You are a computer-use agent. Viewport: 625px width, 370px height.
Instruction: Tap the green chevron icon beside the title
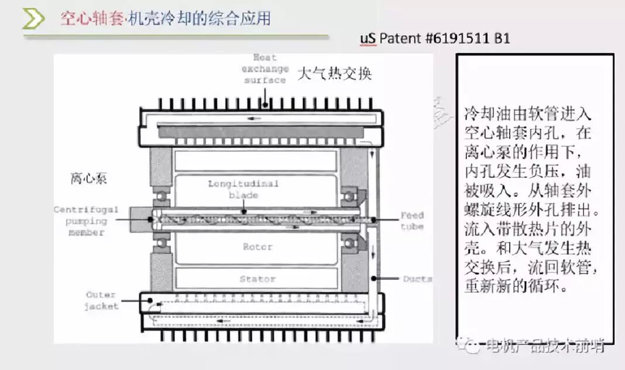[x=33, y=19]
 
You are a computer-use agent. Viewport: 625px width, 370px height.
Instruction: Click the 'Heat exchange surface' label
[x=265, y=68]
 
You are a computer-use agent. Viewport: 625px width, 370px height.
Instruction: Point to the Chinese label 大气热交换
[x=334, y=74]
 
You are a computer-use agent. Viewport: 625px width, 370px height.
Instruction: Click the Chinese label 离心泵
[x=89, y=179]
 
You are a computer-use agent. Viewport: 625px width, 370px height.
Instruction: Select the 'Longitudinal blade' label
[x=243, y=189]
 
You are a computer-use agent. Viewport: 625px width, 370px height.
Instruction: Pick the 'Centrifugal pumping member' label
[x=86, y=221]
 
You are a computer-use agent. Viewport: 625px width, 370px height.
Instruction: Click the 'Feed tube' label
[x=412, y=221]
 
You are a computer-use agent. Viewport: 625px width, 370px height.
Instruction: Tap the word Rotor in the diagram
[x=257, y=246]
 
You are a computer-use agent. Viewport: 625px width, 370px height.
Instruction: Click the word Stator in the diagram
[x=257, y=279]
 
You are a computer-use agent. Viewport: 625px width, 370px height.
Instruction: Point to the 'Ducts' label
[x=417, y=279]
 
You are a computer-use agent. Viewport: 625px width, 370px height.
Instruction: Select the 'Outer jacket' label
[x=102, y=300]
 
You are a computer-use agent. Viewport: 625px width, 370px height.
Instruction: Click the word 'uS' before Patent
[x=368, y=38]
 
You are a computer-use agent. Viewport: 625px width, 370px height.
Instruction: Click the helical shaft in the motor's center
[x=257, y=220]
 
